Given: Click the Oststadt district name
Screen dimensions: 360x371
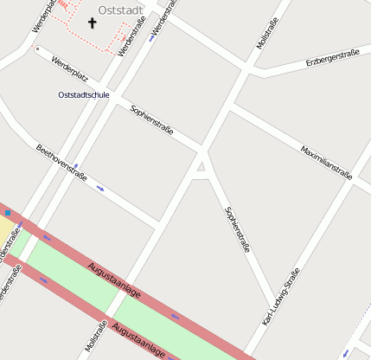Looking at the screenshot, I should [120, 10].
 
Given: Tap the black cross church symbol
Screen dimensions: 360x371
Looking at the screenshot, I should [93, 23].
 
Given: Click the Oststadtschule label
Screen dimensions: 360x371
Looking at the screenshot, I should [83, 94].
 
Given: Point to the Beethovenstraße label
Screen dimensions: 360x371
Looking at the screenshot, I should [61, 162].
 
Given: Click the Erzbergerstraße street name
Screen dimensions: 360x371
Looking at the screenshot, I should [332, 59].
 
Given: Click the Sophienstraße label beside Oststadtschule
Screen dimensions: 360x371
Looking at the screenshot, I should [151, 120].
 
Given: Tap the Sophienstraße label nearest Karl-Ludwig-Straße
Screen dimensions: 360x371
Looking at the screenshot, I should [236, 228].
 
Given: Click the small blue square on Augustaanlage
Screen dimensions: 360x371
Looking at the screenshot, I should [8, 212].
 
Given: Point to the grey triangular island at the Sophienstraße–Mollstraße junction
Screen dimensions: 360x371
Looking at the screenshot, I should [202, 165].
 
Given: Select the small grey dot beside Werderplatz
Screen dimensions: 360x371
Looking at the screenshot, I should [36, 48].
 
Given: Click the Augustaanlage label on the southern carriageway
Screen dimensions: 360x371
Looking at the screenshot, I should [138, 340].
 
